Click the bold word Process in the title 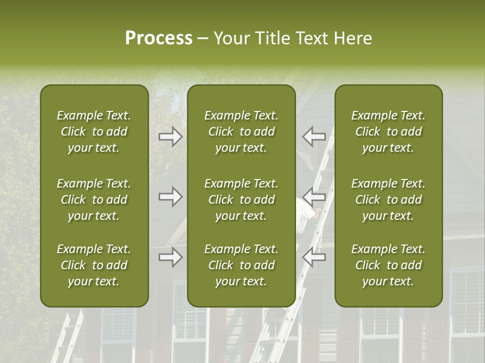[x=159, y=38]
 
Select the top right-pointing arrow [x=170, y=136]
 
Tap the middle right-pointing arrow [x=170, y=197]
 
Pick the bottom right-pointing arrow [x=170, y=257]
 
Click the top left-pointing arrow [x=314, y=136]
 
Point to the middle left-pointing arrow [x=314, y=197]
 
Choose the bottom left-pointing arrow [x=314, y=257]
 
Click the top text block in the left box [x=94, y=132]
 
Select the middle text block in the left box [x=94, y=200]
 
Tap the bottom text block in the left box [x=94, y=265]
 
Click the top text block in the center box [x=241, y=132]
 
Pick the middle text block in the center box [x=241, y=200]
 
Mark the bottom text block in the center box [x=241, y=265]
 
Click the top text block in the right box [x=389, y=132]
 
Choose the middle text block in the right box [x=389, y=200]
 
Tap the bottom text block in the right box [x=389, y=265]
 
